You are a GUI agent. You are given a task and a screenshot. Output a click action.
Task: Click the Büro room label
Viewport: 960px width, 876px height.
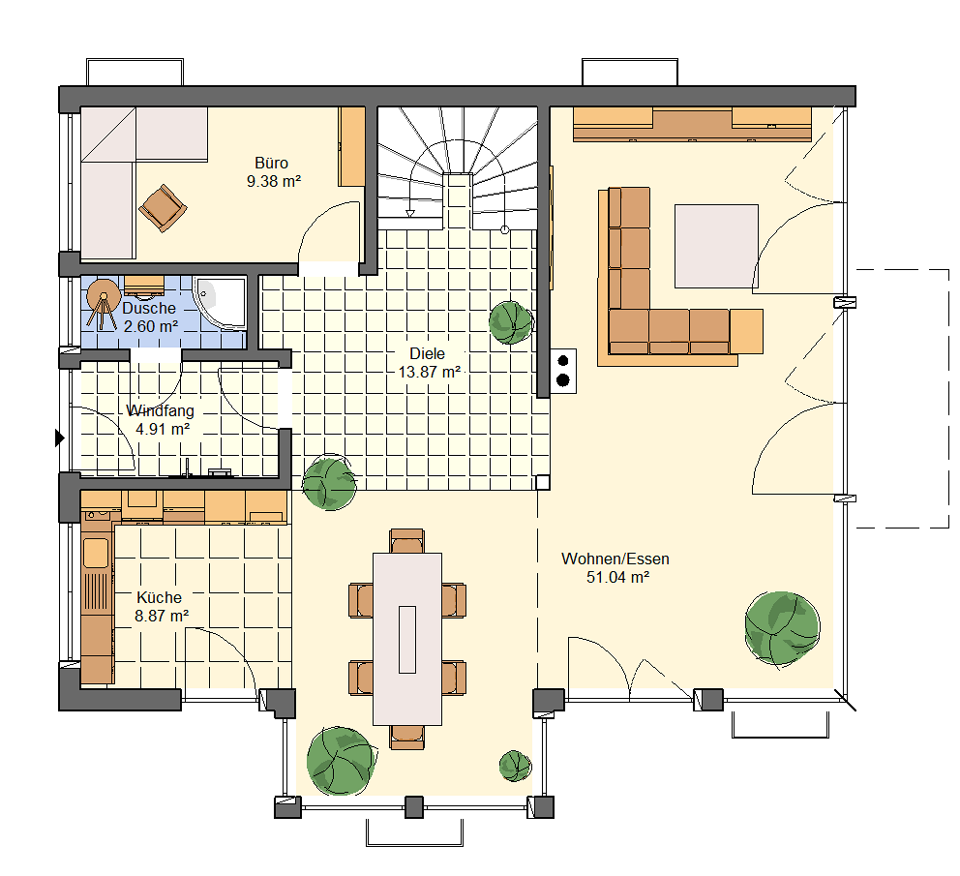pyautogui.click(x=271, y=163)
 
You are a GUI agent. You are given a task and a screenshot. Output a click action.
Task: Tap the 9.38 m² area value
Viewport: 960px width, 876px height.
pyautogui.click(x=274, y=181)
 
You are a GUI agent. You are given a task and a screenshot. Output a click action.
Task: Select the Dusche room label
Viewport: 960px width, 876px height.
pyautogui.click(x=149, y=308)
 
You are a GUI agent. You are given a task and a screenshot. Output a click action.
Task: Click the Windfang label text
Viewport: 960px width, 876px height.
pyautogui.click(x=161, y=410)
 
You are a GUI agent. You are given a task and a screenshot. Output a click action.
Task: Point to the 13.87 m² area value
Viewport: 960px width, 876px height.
pyautogui.click(x=429, y=372)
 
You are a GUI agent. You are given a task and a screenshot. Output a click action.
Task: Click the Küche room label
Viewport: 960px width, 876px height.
pyautogui.click(x=159, y=597)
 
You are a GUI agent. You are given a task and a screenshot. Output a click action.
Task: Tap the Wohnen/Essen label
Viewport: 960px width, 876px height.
pyautogui.click(x=615, y=559)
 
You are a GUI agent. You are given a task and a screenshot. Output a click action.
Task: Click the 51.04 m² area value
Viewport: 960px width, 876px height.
pyautogui.click(x=617, y=577)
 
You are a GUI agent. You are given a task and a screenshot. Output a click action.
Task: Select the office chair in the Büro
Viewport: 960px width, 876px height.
pyautogui.click(x=163, y=208)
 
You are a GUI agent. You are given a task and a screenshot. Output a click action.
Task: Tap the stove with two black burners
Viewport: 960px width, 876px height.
pyautogui.click(x=563, y=371)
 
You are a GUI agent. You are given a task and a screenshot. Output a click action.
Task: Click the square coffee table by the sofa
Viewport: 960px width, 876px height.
pyautogui.click(x=716, y=246)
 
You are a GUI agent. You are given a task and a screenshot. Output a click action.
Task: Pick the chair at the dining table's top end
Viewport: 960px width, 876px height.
pyautogui.click(x=407, y=541)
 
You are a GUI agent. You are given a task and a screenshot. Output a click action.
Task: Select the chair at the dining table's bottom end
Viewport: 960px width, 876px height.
pyautogui.click(x=407, y=738)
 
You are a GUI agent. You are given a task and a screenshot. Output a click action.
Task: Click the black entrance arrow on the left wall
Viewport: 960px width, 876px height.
pyautogui.click(x=59, y=438)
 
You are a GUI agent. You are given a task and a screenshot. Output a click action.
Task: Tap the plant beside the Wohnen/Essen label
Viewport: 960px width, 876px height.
pyautogui.click(x=783, y=628)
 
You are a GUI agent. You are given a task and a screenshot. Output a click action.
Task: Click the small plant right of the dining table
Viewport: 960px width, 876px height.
pyautogui.click(x=516, y=766)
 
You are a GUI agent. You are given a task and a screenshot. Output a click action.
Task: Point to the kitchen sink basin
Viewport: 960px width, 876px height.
pyautogui.click(x=96, y=553)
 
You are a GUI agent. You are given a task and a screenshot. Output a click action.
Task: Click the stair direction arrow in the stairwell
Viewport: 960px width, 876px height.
pyautogui.click(x=410, y=214)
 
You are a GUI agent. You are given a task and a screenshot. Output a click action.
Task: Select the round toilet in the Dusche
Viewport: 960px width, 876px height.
pyautogui.click(x=103, y=297)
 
